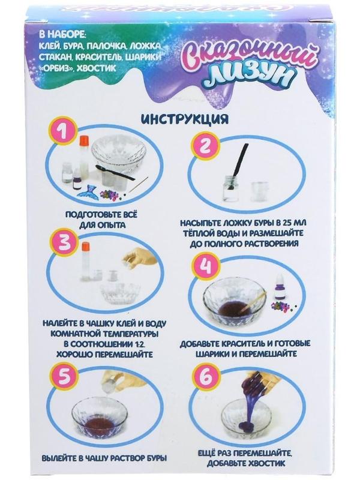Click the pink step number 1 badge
[64, 133]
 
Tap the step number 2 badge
[205, 146]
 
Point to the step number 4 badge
[205, 266]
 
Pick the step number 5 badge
[64, 379]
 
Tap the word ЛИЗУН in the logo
[251, 76]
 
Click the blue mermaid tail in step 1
[86, 190]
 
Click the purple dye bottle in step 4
[278, 288]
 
